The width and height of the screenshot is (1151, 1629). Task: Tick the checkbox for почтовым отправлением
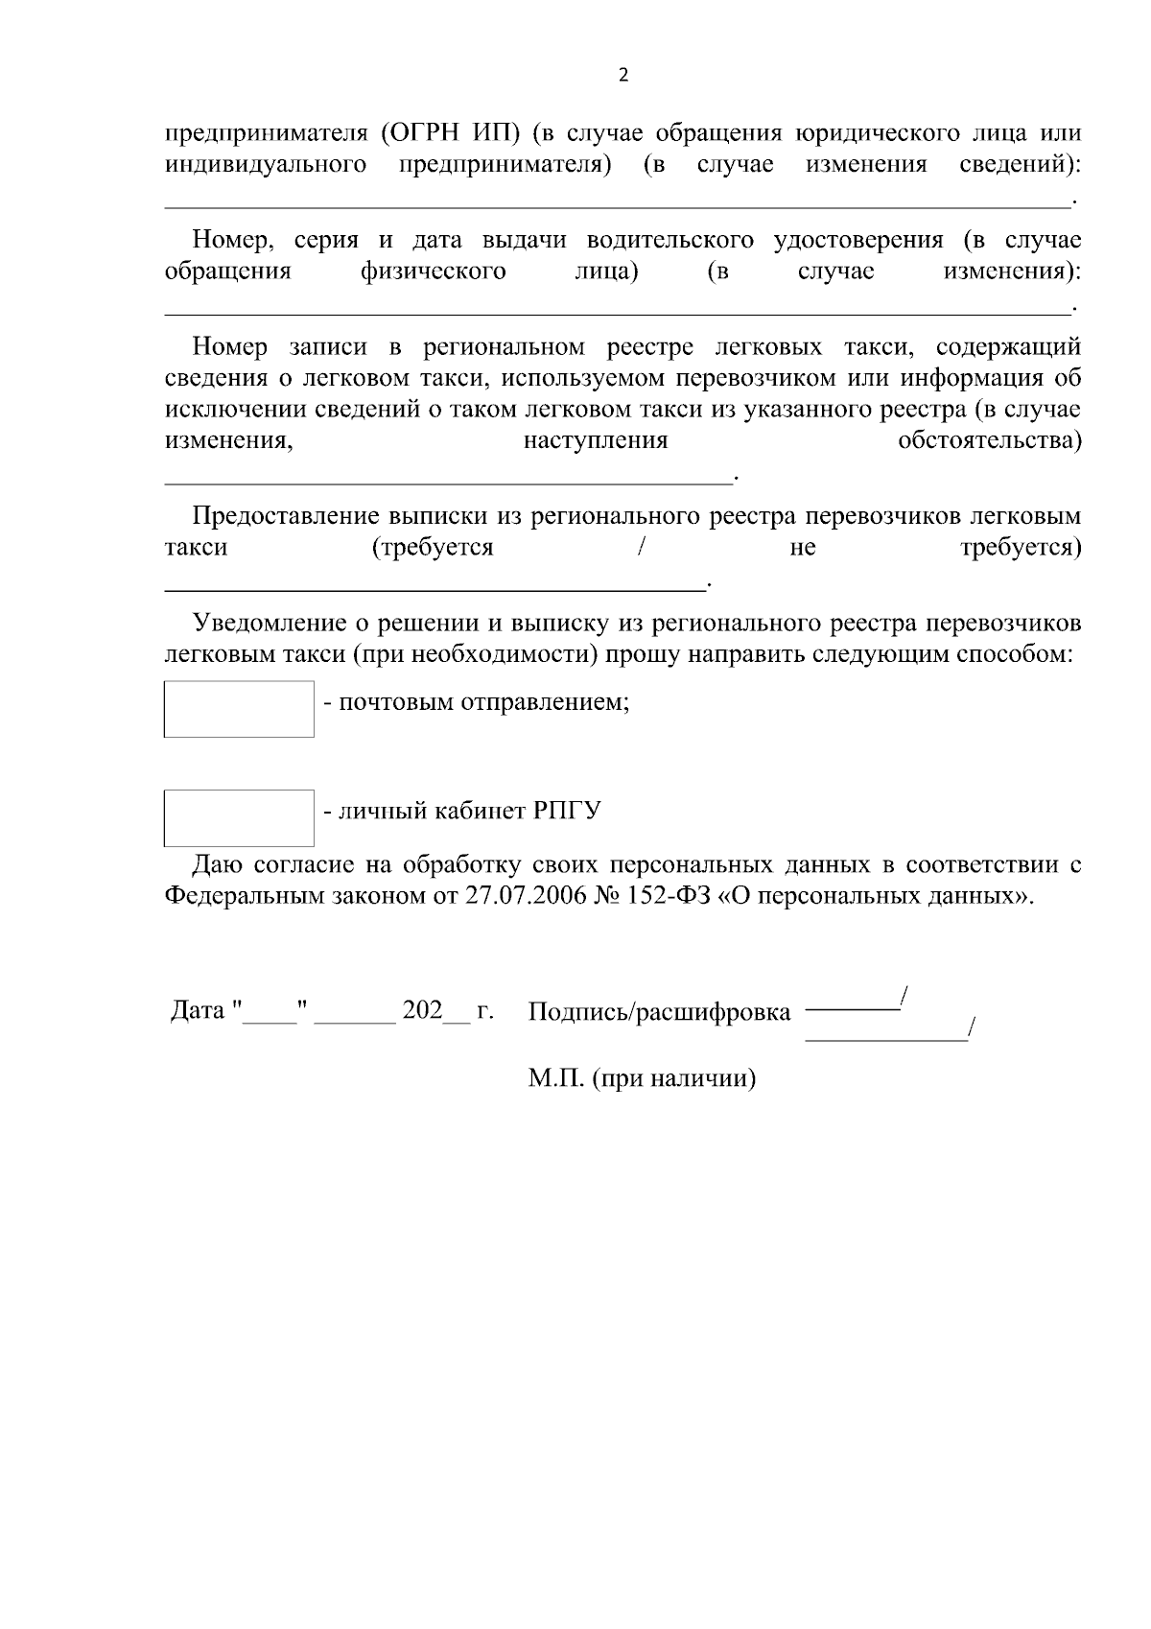[239, 709]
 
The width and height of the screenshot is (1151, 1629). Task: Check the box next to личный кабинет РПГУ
[239, 817]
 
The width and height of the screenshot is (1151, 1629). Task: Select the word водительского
[669, 240]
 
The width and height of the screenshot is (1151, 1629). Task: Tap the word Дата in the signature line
[197, 1011]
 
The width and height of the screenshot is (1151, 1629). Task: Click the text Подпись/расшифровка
[660, 1012]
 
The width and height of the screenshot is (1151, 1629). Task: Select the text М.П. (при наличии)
[642, 1079]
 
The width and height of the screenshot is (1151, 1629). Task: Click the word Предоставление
[287, 517]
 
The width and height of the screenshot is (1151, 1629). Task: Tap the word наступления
[595, 441]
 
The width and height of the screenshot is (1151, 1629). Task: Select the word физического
[434, 271]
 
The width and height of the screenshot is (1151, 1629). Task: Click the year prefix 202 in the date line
[423, 1011]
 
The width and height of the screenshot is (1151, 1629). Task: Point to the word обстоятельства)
[989, 441]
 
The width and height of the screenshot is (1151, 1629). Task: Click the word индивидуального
[266, 165]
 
